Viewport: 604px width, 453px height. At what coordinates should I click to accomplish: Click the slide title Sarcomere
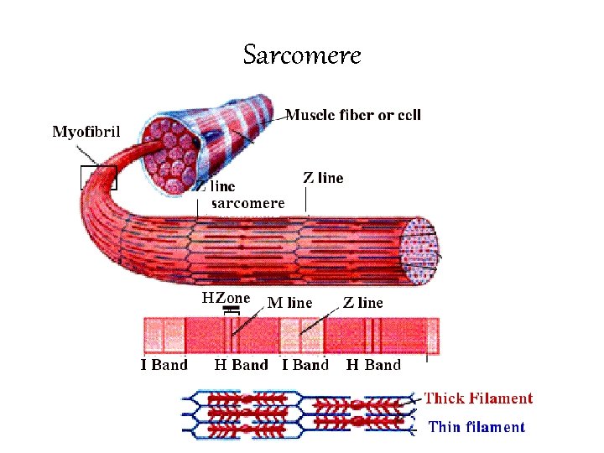pyautogui.click(x=302, y=55)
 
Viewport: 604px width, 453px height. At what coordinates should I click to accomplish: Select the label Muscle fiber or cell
pyautogui.click(x=353, y=115)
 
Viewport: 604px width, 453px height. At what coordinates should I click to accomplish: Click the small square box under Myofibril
pyautogui.click(x=98, y=177)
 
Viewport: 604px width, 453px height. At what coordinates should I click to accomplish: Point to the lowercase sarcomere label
pyautogui.click(x=247, y=203)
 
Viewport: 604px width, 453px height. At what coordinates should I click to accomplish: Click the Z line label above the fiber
pyautogui.click(x=322, y=178)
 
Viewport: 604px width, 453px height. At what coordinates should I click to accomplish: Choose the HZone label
pyautogui.click(x=226, y=298)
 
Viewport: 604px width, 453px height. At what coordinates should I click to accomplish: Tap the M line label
pyautogui.click(x=289, y=303)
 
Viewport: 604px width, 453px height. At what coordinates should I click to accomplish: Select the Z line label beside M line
pyautogui.click(x=362, y=303)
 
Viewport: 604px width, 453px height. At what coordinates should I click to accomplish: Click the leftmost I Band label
pyautogui.click(x=164, y=365)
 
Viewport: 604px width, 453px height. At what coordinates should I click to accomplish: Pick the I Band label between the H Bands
pyautogui.click(x=305, y=365)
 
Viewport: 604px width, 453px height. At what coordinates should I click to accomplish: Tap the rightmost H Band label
pyautogui.click(x=373, y=365)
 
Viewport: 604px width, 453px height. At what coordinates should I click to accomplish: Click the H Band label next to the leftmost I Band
pyautogui.click(x=241, y=365)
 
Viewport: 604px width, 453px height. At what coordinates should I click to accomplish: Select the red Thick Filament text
pyautogui.click(x=478, y=398)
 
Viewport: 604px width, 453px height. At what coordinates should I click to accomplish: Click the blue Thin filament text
pyautogui.click(x=476, y=427)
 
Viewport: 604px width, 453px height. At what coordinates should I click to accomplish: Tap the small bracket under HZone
pyautogui.click(x=231, y=310)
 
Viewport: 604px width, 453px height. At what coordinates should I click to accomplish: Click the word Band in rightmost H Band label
pyautogui.click(x=383, y=365)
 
